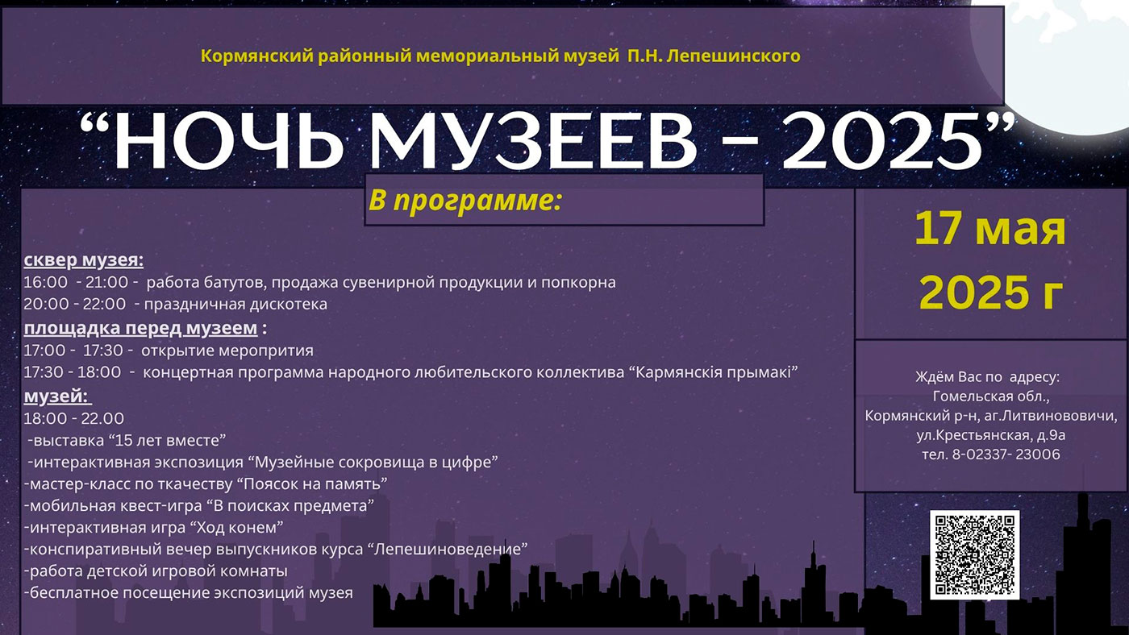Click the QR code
(x=974, y=554)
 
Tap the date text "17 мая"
(x=989, y=230)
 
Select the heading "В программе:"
(x=464, y=200)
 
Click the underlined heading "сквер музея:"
(x=84, y=260)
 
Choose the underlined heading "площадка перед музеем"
(x=141, y=328)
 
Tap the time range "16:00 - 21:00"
(x=76, y=283)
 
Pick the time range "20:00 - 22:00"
(x=75, y=305)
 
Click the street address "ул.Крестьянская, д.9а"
(x=991, y=435)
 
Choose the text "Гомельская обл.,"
(x=991, y=396)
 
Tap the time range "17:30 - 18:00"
(x=73, y=372)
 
